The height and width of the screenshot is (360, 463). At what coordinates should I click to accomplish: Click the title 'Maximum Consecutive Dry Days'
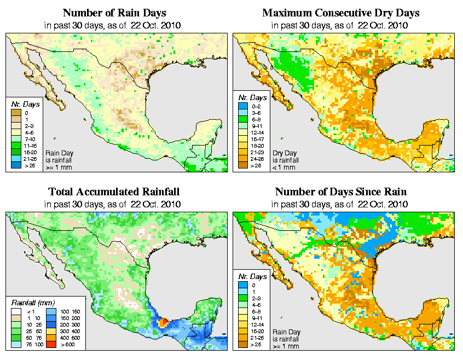[341, 13]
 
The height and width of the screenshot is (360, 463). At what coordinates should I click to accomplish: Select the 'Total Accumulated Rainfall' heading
[114, 192]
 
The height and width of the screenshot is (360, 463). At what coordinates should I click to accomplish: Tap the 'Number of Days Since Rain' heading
[341, 192]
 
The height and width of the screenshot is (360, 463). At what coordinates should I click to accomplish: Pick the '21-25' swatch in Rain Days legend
[15, 158]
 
